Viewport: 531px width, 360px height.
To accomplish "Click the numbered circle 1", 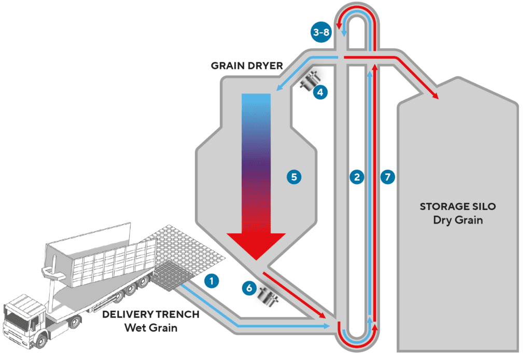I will coord(211,281).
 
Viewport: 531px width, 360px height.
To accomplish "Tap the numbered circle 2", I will coord(356,177).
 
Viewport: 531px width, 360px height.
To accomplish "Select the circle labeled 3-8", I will coord(320,32).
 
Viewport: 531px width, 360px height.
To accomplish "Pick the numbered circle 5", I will coord(294,177).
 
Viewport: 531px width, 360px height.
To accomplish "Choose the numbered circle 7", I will coord(387,177).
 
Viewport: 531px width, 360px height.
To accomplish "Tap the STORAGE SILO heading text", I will coord(457,206).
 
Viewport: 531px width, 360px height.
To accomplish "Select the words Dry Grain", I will coord(457,220).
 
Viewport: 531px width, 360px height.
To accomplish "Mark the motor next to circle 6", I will coord(269,297).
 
